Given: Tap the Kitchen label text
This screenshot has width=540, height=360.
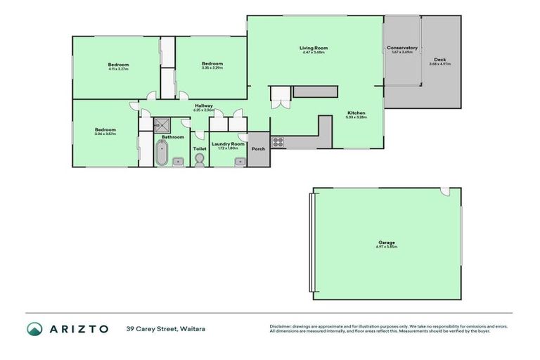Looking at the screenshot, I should click(x=356, y=112).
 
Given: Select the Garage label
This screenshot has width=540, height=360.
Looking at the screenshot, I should click(x=387, y=243).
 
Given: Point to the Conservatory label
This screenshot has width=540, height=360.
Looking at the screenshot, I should click(x=402, y=48).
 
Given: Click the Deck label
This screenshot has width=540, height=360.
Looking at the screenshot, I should click(x=440, y=59).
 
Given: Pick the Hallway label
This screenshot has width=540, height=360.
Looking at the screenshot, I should click(x=204, y=105).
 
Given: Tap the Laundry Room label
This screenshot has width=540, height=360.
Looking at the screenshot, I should click(x=229, y=143).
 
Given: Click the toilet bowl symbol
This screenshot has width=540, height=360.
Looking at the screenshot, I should click(x=200, y=160).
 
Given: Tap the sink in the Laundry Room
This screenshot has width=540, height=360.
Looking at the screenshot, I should click(x=240, y=161).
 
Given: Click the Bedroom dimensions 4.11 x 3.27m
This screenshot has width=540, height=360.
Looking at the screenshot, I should click(x=118, y=69).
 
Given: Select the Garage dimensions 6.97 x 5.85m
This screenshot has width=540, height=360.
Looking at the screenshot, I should click(x=387, y=247).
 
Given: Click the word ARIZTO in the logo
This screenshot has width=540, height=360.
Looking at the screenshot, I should click(x=79, y=328).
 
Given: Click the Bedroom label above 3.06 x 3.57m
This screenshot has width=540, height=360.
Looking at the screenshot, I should click(x=105, y=129).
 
